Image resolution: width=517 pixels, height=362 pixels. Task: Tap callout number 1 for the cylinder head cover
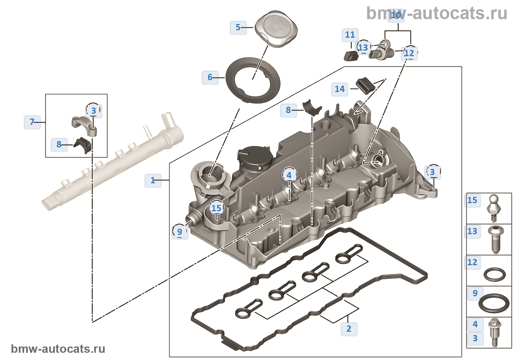[x=153, y=180]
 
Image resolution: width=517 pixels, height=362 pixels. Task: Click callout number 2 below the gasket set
[x=349, y=328]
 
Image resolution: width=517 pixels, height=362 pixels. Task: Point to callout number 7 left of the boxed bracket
[x=32, y=122]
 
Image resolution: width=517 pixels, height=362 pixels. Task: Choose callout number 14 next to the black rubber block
[x=340, y=89]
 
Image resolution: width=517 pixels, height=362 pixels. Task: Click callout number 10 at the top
[x=396, y=16]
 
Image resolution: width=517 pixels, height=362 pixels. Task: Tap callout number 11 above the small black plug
[x=350, y=35]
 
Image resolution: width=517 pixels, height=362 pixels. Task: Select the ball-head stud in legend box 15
[x=494, y=208]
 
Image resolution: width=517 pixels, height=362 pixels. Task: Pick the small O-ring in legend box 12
[x=494, y=274]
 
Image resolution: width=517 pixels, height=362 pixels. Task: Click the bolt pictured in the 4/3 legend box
[x=494, y=332]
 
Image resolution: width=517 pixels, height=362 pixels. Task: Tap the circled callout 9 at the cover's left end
[x=179, y=232]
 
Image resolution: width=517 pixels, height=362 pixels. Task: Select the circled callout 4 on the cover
[x=289, y=175]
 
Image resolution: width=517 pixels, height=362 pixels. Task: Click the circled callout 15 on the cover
[x=216, y=208]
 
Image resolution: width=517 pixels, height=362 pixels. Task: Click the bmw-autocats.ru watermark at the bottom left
[x=58, y=349]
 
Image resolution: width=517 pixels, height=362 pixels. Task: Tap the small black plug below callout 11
[x=351, y=56]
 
